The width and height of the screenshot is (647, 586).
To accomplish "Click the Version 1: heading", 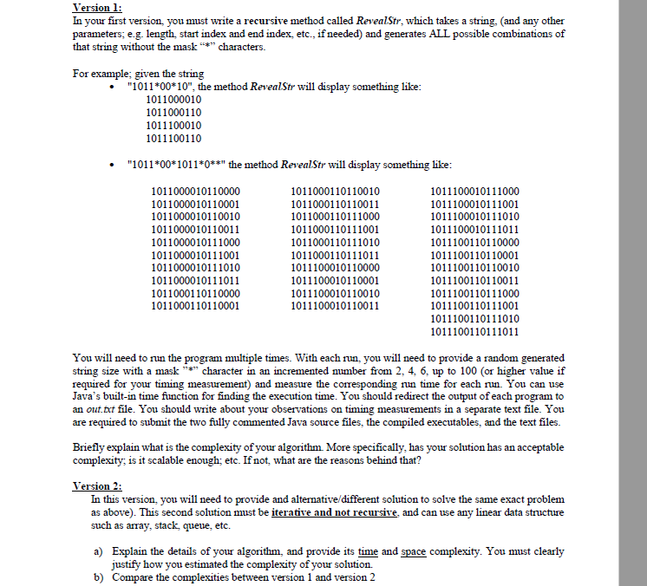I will coord(95,8).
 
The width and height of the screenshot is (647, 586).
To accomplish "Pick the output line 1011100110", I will coord(176,138).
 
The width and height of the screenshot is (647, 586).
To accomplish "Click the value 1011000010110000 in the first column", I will coord(196,191).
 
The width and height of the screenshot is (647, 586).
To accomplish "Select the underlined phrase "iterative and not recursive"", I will coord(345,512).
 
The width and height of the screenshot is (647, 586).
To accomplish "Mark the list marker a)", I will coord(99,550).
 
